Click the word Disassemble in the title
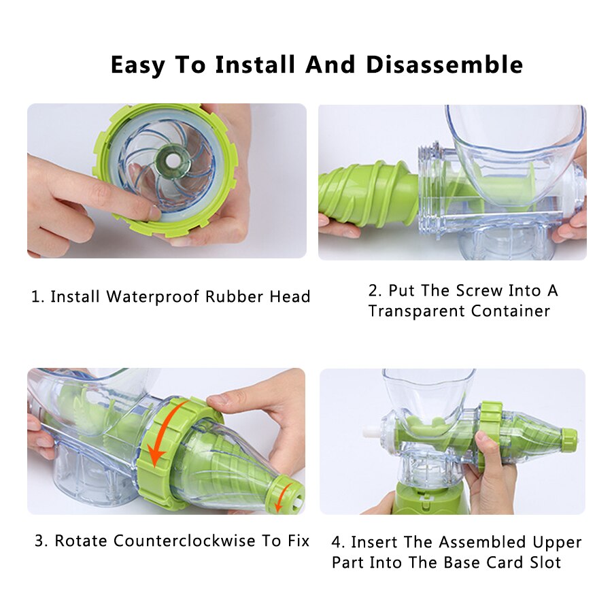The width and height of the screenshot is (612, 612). click(445, 65)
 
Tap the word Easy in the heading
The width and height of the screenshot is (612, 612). click(138, 65)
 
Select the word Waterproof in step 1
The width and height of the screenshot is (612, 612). click(152, 296)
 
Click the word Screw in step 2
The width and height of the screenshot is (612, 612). click(479, 290)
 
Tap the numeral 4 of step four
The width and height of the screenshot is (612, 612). click(336, 542)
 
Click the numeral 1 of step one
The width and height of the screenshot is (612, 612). click(35, 296)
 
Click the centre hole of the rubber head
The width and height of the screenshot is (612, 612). click(171, 160)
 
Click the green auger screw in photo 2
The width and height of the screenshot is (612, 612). click(367, 193)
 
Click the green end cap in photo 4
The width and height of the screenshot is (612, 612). click(568, 439)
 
